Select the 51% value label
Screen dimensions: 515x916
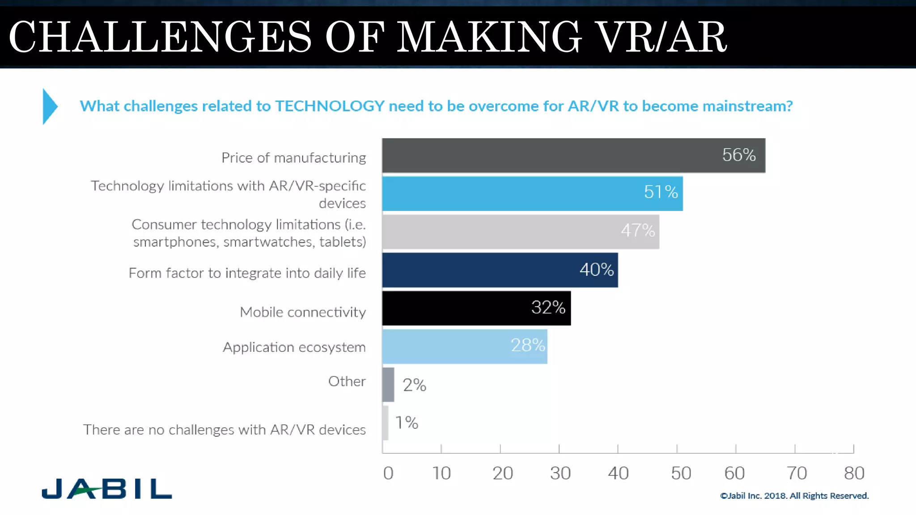click(x=661, y=192)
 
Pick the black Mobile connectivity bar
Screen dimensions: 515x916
click(x=456, y=308)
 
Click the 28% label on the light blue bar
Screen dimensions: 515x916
click(x=528, y=345)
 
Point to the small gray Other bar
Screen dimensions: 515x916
click(x=388, y=385)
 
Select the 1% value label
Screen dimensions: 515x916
click(x=407, y=422)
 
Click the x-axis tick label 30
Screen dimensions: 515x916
click(x=560, y=473)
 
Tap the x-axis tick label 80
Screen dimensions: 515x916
click(x=854, y=473)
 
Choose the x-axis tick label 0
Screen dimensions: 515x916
click(x=388, y=473)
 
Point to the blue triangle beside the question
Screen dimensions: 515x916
click(x=49, y=106)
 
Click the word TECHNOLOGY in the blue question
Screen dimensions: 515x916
click(x=329, y=106)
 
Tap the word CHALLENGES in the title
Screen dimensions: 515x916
click(x=160, y=37)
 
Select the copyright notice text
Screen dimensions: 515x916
click(x=794, y=496)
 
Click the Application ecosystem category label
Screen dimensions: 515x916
click(x=294, y=347)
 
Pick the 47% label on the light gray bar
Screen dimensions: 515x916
click(x=637, y=231)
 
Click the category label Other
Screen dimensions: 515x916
click(x=347, y=381)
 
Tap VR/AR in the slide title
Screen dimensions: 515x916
click(x=662, y=37)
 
